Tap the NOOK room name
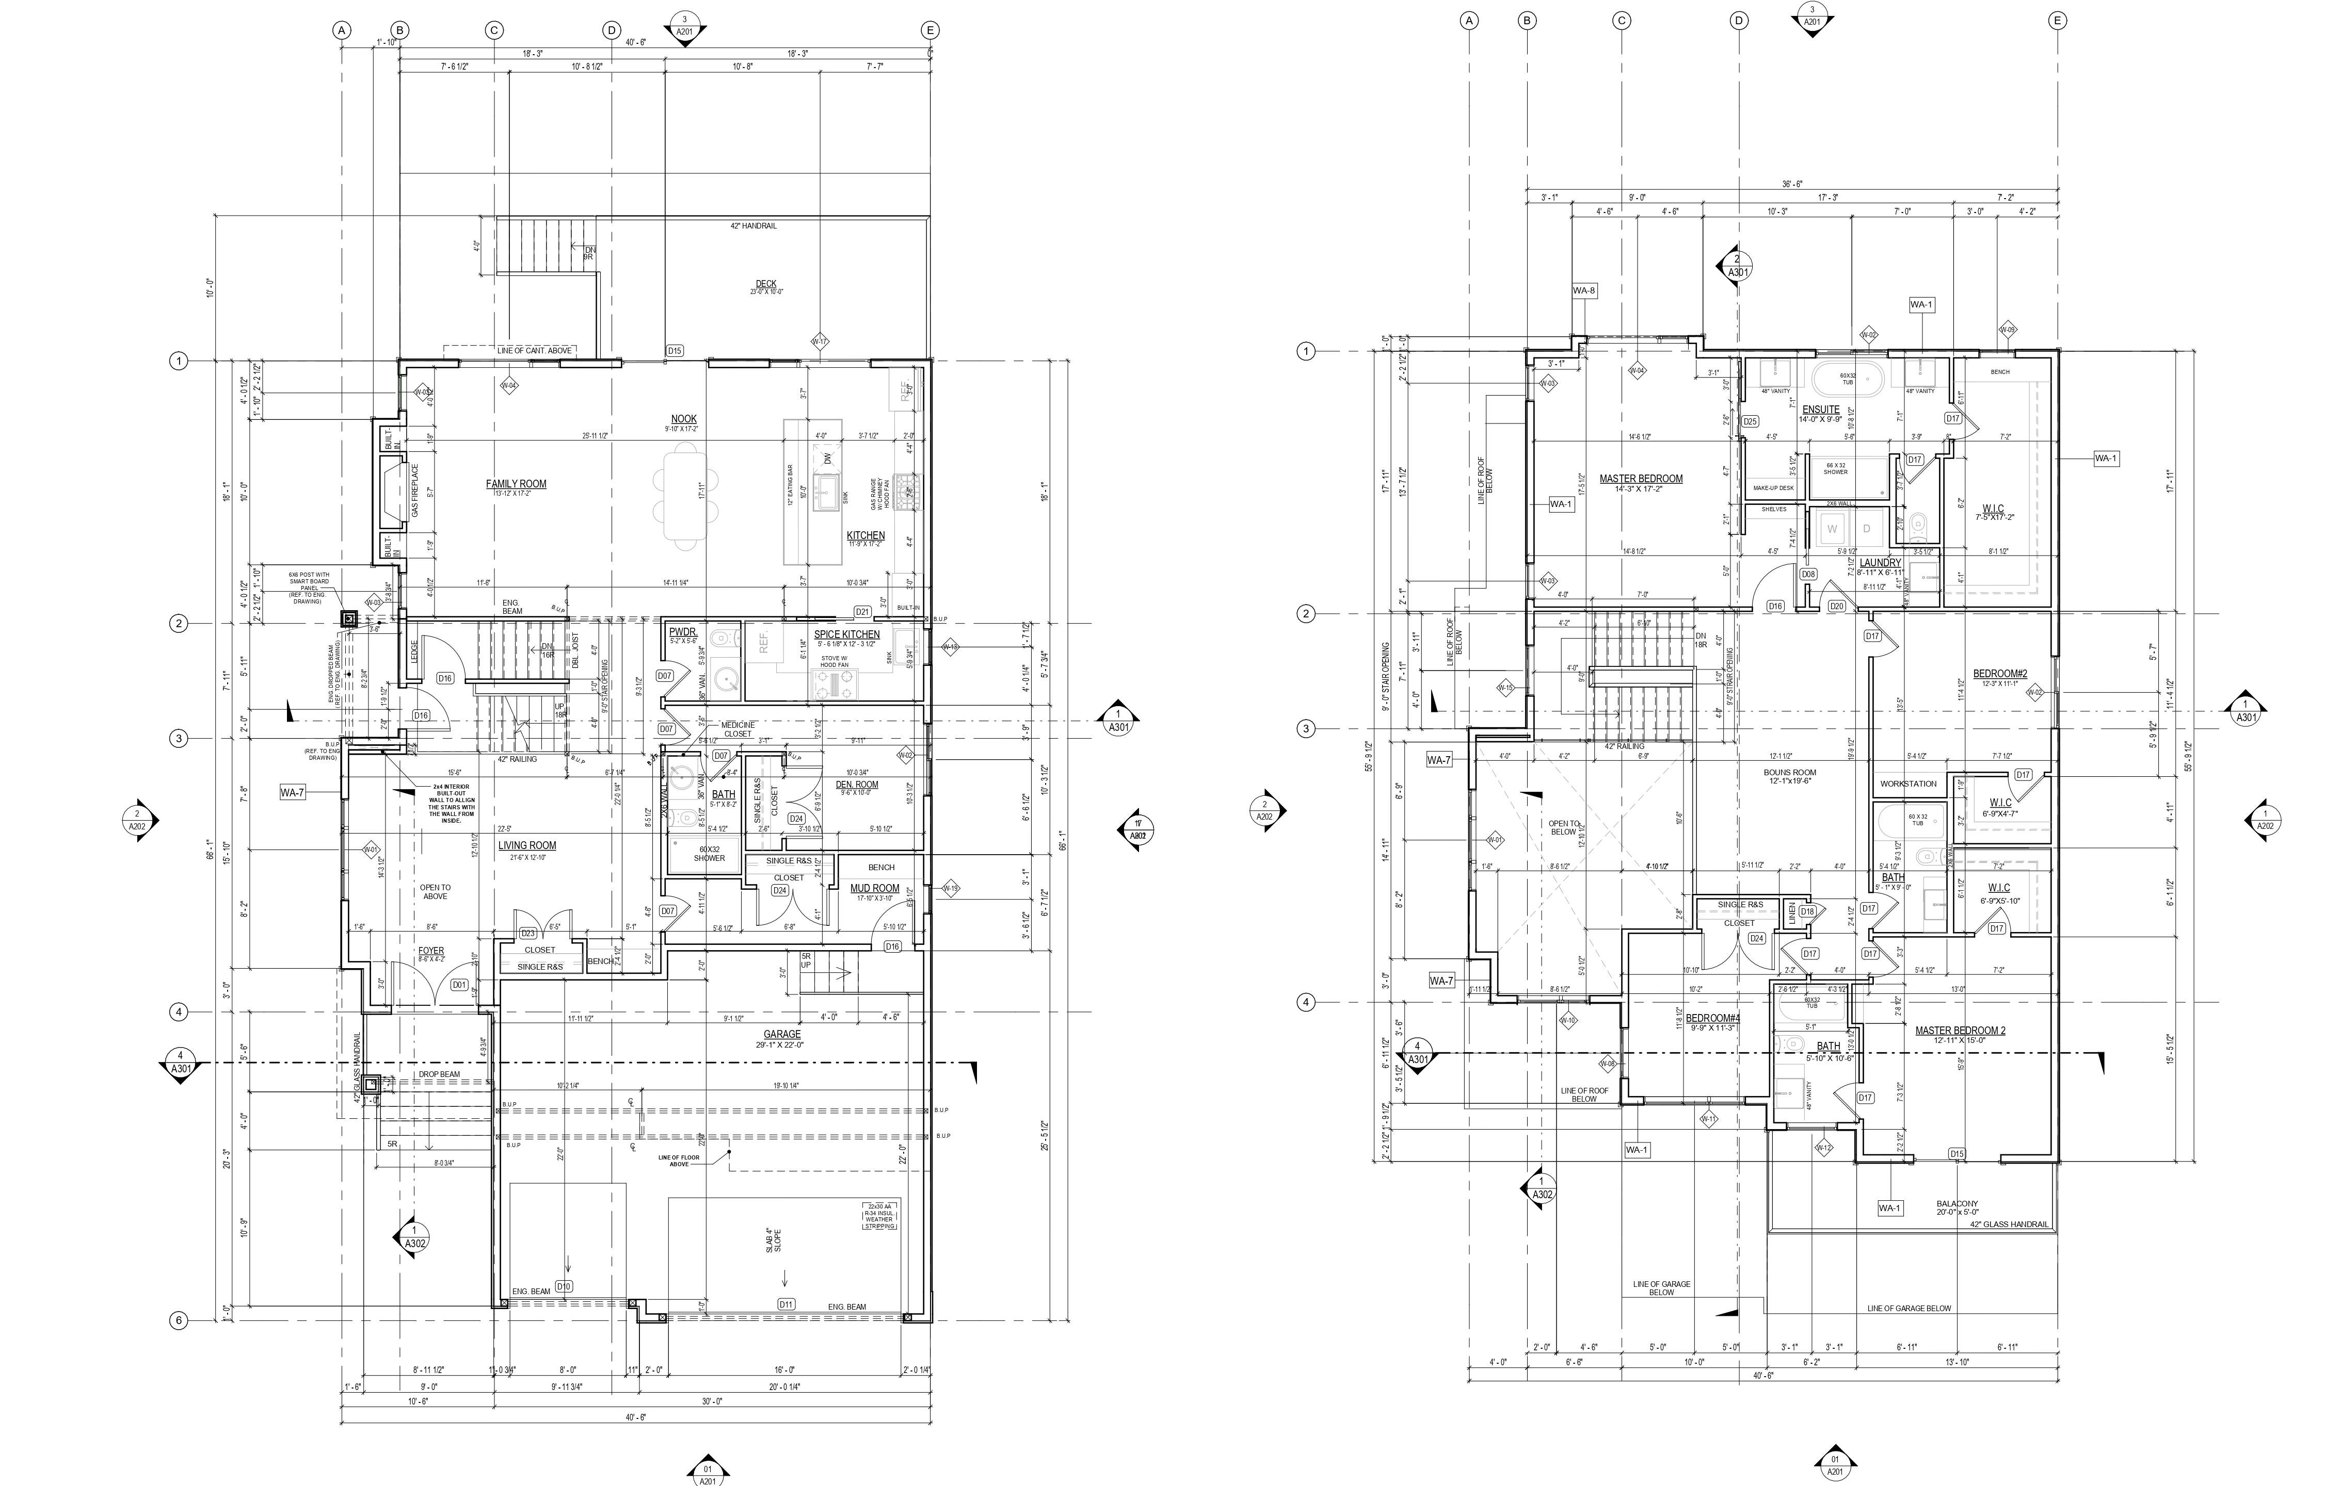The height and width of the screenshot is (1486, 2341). pyautogui.click(x=683, y=419)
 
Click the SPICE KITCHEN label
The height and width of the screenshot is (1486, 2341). pyautogui.click(x=847, y=634)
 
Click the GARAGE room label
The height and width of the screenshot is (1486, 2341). pyautogui.click(x=782, y=1034)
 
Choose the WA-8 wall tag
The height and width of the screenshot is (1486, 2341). pyautogui.click(x=1584, y=290)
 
